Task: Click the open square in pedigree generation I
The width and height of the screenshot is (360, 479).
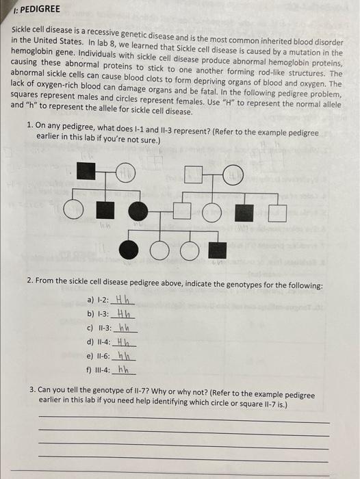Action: (x=195, y=175)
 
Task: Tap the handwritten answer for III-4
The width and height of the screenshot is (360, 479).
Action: (x=124, y=370)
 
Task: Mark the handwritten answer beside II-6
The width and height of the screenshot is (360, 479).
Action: (x=124, y=356)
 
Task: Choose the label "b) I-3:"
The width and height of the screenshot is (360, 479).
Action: (x=100, y=315)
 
